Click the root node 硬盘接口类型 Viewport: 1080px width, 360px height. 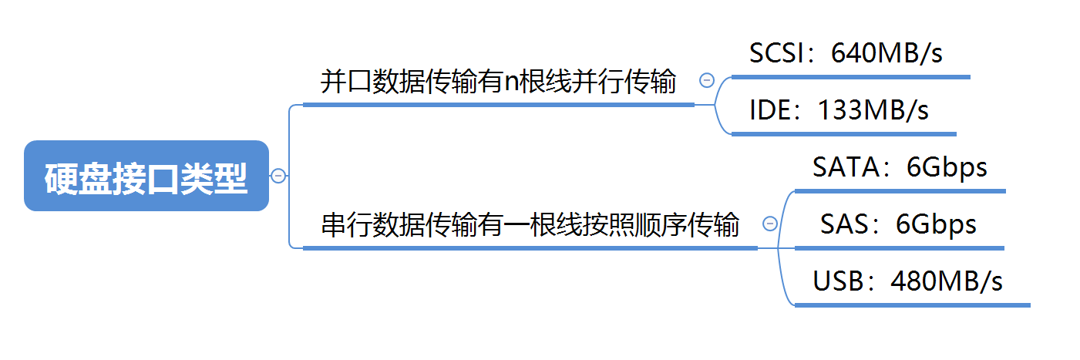click(x=146, y=176)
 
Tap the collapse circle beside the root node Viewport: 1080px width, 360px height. click(x=279, y=176)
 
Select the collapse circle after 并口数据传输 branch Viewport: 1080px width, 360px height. click(x=706, y=80)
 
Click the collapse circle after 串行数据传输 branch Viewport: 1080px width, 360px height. click(x=769, y=224)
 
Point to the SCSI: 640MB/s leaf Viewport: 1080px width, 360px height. click(x=846, y=53)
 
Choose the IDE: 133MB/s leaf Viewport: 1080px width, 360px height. click(x=839, y=110)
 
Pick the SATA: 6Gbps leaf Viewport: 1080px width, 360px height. click(x=900, y=167)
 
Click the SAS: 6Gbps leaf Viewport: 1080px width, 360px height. click(x=898, y=224)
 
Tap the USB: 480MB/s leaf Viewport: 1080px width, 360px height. click(x=907, y=281)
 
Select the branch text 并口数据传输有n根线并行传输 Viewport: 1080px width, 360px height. click(x=498, y=82)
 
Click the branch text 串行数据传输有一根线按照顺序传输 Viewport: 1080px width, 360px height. click(x=530, y=225)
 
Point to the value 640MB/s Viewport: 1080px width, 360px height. click(x=887, y=53)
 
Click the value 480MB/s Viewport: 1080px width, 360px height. click(x=947, y=281)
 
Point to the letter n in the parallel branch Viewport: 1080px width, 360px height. click(x=512, y=82)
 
